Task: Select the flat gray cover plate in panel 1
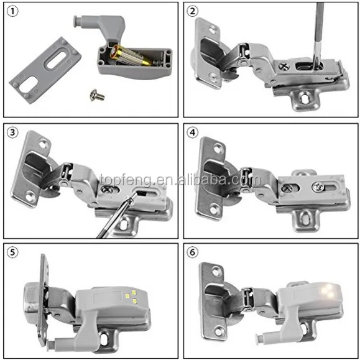[45, 67]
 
